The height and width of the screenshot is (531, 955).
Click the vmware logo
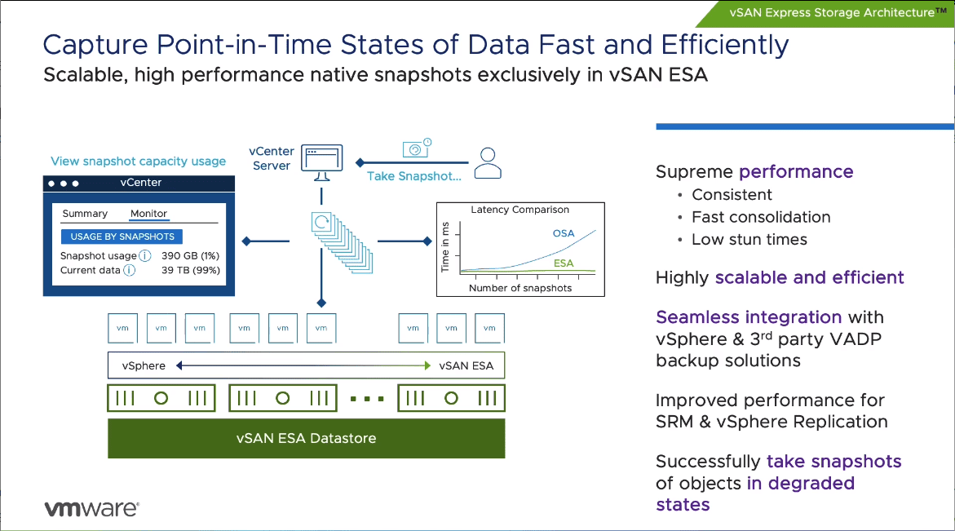click(x=91, y=508)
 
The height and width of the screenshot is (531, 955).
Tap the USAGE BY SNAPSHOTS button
click(x=122, y=237)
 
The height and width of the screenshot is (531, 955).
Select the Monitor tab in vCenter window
click(x=148, y=214)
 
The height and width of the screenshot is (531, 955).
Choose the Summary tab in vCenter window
click(x=85, y=214)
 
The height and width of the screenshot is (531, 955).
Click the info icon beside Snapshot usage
click(x=145, y=256)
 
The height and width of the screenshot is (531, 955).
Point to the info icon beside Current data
click(x=129, y=270)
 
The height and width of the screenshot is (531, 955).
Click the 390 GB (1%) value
click(x=191, y=256)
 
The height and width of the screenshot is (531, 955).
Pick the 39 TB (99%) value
click(x=191, y=270)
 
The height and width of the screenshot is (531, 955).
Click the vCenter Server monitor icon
click(x=322, y=162)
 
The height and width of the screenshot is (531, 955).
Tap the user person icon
click(x=488, y=162)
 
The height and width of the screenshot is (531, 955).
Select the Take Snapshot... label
click(x=413, y=176)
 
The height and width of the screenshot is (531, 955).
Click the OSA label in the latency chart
click(x=564, y=233)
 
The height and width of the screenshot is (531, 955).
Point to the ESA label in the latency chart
click(x=564, y=263)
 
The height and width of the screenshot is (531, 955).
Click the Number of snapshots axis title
click(x=520, y=288)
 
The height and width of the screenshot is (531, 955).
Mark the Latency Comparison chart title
click(x=520, y=210)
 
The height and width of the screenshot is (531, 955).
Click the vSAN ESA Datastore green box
click(x=307, y=438)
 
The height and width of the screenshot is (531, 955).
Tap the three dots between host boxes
click(x=367, y=399)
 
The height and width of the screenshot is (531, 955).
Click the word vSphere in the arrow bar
click(x=144, y=365)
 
